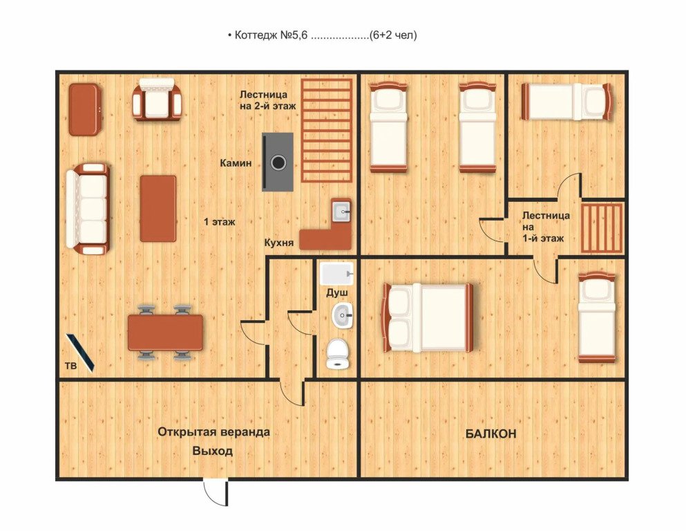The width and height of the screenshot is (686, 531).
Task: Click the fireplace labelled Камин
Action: [x=278, y=162]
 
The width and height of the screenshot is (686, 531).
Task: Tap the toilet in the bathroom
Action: [x=337, y=354]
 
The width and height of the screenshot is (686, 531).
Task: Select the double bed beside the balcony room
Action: [x=428, y=317]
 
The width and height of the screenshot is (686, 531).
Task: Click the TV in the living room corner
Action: [x=80, y=353]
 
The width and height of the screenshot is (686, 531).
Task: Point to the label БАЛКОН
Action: [x=490, y=434]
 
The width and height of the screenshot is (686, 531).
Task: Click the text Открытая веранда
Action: [x=213, y=432]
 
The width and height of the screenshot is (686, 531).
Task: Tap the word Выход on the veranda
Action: [x=213, y=451]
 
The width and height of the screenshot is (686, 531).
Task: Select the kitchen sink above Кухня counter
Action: [x=341, y=212]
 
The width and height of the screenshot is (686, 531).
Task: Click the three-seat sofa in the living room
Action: [x=88, y=209]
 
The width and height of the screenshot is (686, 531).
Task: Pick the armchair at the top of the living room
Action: [x=157, y=100]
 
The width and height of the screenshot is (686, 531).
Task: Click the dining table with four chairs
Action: [x=165, y=333]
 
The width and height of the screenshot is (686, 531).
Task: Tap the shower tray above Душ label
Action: [x=336, y=274]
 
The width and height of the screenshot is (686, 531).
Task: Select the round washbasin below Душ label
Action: [x=342, y=315]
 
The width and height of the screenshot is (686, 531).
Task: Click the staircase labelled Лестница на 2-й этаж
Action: [x=327, y=131]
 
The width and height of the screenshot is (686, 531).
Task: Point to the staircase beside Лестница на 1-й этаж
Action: [x=602, y=228]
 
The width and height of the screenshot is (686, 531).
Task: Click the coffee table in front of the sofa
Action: [x=158, y=208]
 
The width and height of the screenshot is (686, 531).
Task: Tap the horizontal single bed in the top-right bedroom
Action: [x=567, y=102]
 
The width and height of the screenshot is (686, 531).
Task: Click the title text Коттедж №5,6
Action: [x=271, y=35]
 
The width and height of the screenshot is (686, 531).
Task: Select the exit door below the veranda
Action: [x=216, y=492]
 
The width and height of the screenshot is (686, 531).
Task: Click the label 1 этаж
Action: [x=220, y=222]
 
